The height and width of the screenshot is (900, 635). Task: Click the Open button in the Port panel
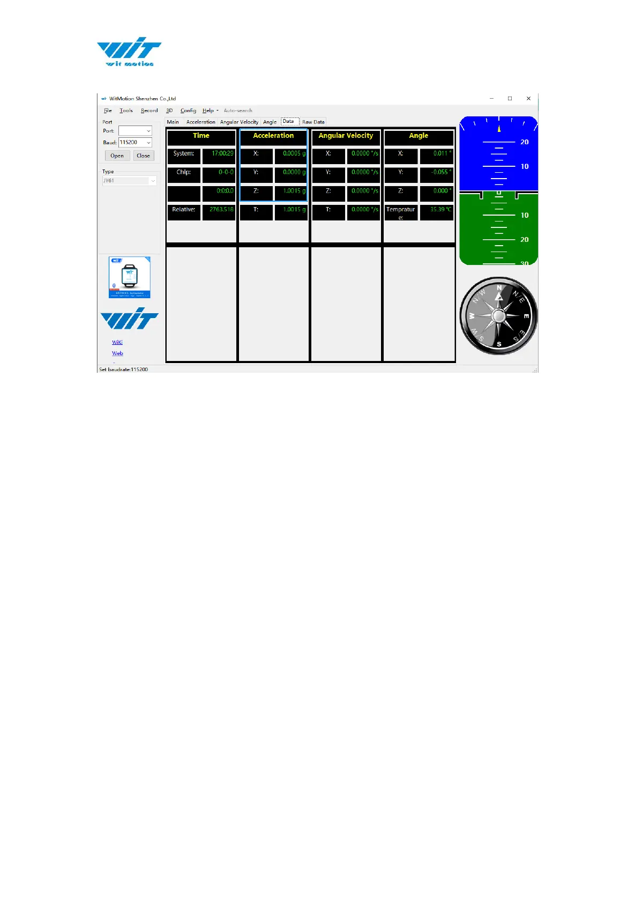point(117,156)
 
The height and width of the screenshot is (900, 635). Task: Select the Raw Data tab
point(313,122)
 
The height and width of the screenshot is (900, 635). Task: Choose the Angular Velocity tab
point(239,122)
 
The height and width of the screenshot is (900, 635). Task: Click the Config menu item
point(188,110)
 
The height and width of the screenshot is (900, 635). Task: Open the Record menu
point(149,110)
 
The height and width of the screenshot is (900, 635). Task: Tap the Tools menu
point(126,110)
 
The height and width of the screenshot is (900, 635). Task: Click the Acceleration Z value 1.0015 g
point(291,191)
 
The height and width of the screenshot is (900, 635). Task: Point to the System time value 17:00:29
point(219,154)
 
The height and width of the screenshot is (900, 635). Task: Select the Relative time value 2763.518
point(219,210)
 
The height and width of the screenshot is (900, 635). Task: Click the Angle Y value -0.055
point(437,173)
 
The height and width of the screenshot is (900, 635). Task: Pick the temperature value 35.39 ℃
point(437,210)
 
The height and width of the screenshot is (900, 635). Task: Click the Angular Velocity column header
point(346,136)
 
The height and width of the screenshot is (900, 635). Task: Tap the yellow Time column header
point(201,136)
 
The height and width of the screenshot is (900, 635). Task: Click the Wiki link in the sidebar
point(117,342)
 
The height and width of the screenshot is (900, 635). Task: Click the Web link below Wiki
point(117,353)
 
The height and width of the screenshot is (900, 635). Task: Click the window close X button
point(528,99)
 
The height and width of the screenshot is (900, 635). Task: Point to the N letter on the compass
point(499,288)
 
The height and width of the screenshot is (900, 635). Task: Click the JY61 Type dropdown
point(130,181)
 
